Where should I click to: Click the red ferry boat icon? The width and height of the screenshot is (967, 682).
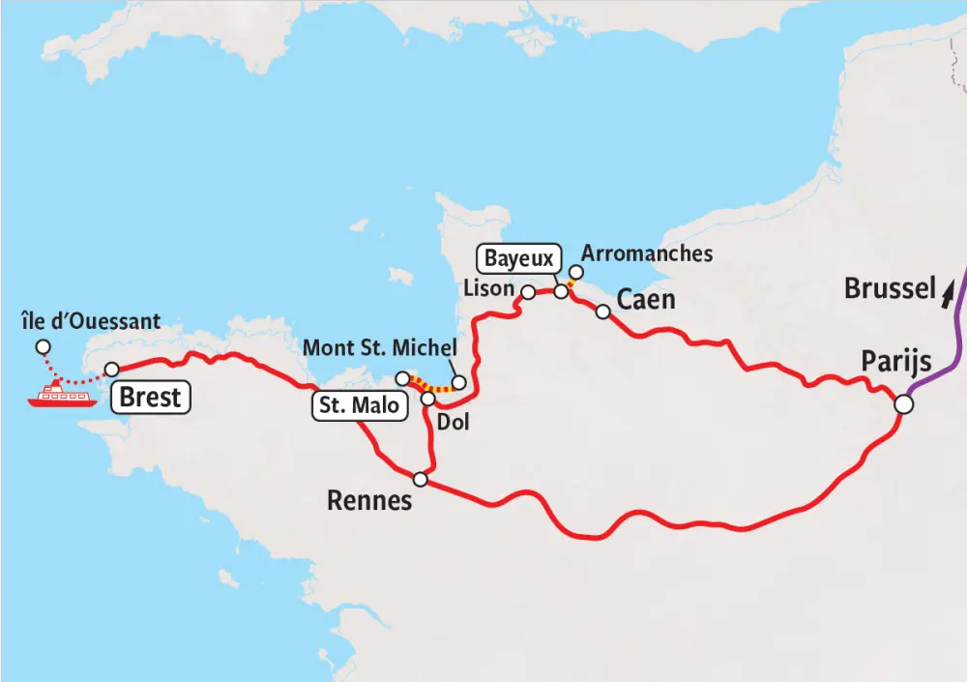(62, 395)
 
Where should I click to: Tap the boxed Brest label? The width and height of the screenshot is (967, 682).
(152, 398)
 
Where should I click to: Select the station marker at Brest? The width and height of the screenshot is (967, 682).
(112, 369)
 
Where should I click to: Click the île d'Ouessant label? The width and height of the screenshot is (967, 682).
(90, 320)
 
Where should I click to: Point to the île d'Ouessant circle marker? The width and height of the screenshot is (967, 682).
(41, 347)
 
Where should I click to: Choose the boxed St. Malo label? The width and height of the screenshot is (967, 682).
(359, 405)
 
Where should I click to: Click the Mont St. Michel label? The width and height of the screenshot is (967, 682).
(379, 347)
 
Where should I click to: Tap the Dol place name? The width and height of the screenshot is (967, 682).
(453, 422)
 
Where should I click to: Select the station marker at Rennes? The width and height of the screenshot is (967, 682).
(420, 479)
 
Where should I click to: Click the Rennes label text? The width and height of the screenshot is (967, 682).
(369, 500)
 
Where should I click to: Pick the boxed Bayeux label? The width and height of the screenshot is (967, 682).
(519, 258)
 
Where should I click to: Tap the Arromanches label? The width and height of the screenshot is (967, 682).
(647, 253)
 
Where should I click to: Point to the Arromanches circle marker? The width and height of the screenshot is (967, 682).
(576, 273)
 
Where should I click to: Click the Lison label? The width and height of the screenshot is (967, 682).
(488, 288)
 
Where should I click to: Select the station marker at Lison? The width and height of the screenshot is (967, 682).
(528, 291)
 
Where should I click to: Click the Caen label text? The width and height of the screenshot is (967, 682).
(646, 299)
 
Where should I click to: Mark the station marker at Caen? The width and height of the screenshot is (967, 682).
(602, 311)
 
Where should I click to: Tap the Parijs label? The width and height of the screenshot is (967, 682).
(896, 363)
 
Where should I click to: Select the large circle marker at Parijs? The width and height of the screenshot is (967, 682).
(902, 403)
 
